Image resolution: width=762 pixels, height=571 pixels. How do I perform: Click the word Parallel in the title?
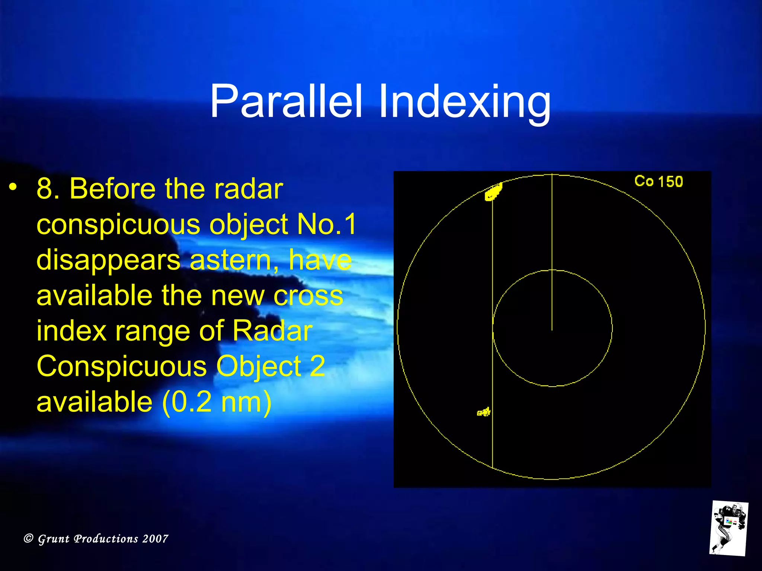(x=286, y=101)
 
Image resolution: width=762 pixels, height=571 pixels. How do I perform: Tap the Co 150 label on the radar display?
(x=658, y=181)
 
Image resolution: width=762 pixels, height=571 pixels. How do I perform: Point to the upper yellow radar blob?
(x=494, y=192)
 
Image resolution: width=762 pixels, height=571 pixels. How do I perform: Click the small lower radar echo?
(x=484, y=412)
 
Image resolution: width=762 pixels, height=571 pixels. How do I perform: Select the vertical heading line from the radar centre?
(x=552, y=253)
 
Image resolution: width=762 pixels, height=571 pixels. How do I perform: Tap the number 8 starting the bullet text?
(x=45, y=189)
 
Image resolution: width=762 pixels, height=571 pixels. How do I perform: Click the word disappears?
(x=108, y=260)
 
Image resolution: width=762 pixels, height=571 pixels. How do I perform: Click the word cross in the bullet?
(x=308, y=296)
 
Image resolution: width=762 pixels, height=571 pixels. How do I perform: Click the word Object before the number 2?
(x=258, y=367)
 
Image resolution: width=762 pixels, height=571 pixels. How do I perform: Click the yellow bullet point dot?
(x=13, y=187)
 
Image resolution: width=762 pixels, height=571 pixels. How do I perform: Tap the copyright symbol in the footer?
(x=28, y=538)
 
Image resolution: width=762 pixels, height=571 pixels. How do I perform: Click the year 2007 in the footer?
(x=155, y=538)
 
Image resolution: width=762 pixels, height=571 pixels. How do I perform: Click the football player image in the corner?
(x=729, y=528)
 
